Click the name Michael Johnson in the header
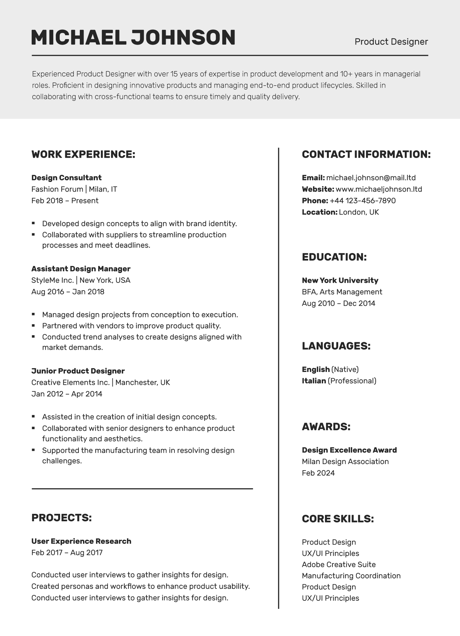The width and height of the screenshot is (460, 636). click(x=133, y=37)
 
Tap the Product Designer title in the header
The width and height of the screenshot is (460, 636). click(x=391, y=42)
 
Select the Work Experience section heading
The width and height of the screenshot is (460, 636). click(x=83, y=154)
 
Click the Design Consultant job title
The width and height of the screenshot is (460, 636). click(x=66, y=178)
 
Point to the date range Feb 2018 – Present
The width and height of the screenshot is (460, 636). click(x=65, y=201)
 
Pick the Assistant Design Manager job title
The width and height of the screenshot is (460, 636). click(x=81, y=269)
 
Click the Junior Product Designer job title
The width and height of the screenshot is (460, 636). click(x=78, y=371)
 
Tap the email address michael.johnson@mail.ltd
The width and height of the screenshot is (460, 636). click(x=371, y=178)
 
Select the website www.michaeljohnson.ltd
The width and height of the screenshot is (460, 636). click(x=379, y=189)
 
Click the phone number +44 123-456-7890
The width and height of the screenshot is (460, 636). click(x=362, y=201)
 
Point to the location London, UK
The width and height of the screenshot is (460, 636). click(x=359, y=212)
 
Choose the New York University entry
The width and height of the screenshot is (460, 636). click(x=340, y=281)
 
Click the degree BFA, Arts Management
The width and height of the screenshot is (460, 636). click(x=342, y=292)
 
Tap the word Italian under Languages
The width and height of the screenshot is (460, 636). click(x=314, y=381)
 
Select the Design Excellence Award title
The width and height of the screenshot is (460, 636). click(x=349, y=450)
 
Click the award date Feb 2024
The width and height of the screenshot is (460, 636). click(x=318, y=473)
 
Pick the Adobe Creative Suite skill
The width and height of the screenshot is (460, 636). click(x=339, y=565)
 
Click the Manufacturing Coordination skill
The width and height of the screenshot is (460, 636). click(x=351, y=576)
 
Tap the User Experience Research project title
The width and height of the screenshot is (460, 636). click(x=81, y=541)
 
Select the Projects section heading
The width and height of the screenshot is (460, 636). click(x=61, y=518)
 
